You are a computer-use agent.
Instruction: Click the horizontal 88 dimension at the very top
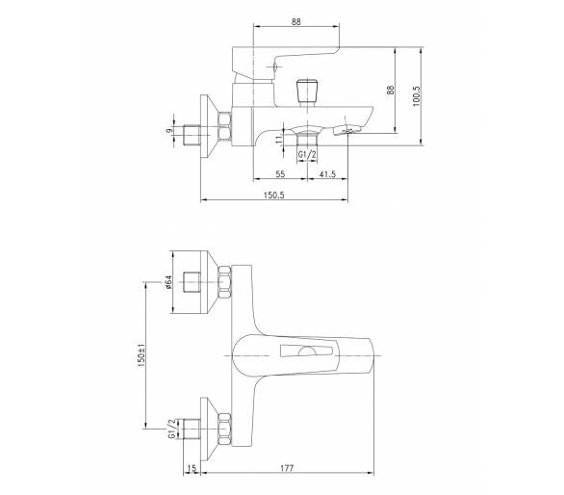click(295, 21)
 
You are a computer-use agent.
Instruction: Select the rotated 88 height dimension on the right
click(391, 90)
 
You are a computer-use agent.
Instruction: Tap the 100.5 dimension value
click(417, 96)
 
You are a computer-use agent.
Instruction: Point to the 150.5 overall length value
click(274, 195)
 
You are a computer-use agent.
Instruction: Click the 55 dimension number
click(280, 174)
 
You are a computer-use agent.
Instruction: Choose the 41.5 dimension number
click(327, 174)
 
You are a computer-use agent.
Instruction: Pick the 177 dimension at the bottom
click(287, 468)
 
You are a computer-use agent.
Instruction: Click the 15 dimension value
click(192, 468)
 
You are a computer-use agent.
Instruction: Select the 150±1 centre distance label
click(141, 355)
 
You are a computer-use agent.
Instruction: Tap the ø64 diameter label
click(169, 282)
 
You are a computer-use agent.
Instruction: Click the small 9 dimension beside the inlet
click(169, 131)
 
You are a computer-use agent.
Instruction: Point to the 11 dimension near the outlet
click(279, 140)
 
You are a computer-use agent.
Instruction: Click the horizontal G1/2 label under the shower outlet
click(307, 155)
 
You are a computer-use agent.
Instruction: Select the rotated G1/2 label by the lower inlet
click(172, 429)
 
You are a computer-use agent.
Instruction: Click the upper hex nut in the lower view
click(224, 282)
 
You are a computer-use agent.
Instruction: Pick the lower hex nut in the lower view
click(224, 430)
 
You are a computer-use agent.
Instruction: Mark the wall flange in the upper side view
click(209, 126)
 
